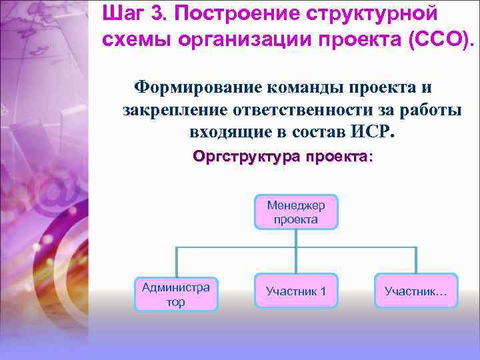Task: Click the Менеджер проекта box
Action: coord(296,212)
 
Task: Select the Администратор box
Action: coord(176,294)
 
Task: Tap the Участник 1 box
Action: coord(296,291)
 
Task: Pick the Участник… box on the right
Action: coord(416,291)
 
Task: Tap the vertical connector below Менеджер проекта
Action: coord(296,238)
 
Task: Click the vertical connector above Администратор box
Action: coord(176,261)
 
